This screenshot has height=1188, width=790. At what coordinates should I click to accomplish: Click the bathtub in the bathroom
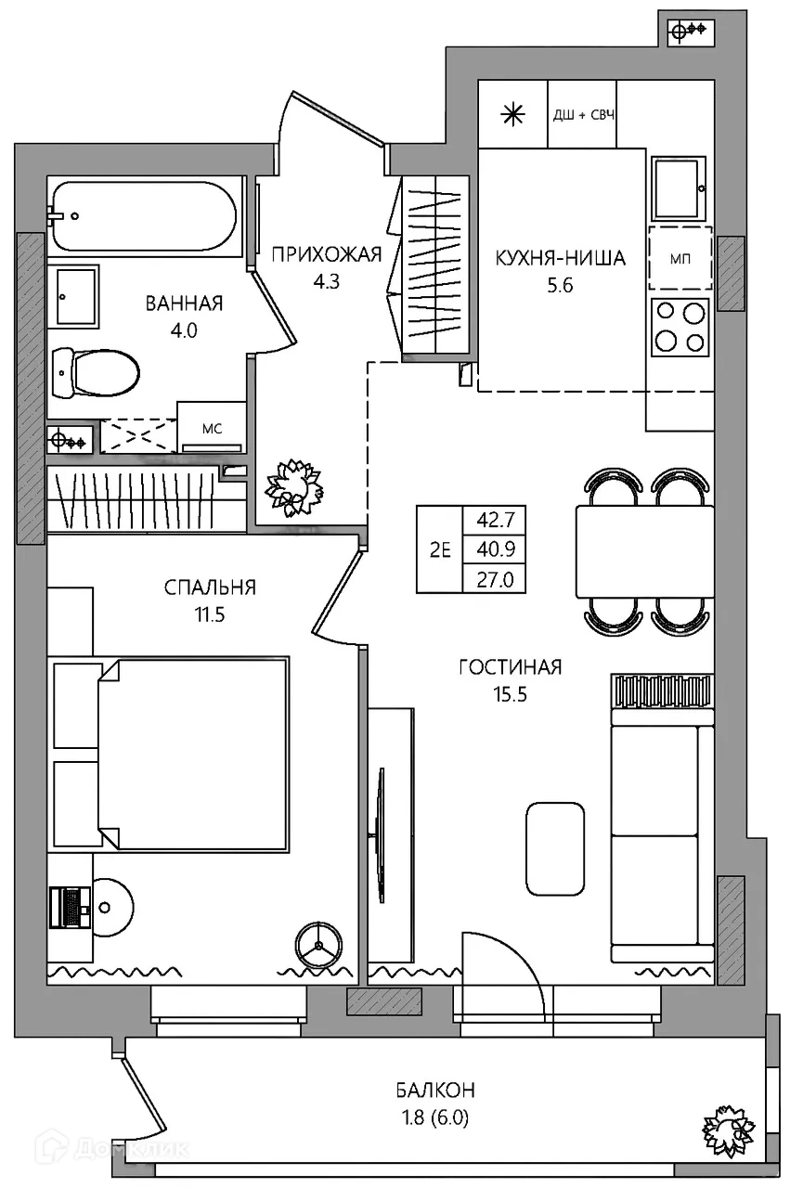click(x=143, y=216)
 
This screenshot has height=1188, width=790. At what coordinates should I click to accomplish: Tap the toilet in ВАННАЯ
click(x=96, y=372)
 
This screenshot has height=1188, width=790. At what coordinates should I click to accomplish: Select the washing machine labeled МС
click(x=211, y=427)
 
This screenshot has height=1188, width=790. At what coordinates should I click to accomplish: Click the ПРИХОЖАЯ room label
click(x=326, y=254)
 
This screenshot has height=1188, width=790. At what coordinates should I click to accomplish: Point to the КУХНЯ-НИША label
click(x=561, y=258)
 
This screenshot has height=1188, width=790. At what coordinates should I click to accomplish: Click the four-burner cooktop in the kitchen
click(x=680, y=328)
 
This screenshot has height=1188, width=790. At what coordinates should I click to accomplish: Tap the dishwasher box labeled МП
click(x=680, y=258)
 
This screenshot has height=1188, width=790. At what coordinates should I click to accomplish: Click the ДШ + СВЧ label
click(x=584, y=114)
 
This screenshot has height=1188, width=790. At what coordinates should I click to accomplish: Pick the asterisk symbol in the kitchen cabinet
click(x=513, y=114)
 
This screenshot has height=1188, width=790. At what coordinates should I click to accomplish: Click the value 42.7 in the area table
click(x=496, y=519)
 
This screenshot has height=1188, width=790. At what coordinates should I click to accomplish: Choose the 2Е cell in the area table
click(x=440, y=549)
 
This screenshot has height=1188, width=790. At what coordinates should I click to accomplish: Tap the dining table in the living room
click(x=644, y=551)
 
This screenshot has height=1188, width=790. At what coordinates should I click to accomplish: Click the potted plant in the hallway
click(x=295, y=487)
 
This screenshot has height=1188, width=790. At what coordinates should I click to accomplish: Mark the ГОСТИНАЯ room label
click(x=510, y=666)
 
